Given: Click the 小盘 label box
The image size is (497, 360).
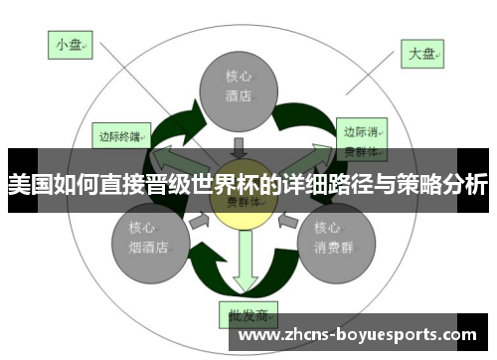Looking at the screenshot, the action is (71, 45).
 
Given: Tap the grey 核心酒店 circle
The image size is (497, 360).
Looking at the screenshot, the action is (239, 87).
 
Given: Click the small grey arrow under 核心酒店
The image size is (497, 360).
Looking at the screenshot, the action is (238, 147).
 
